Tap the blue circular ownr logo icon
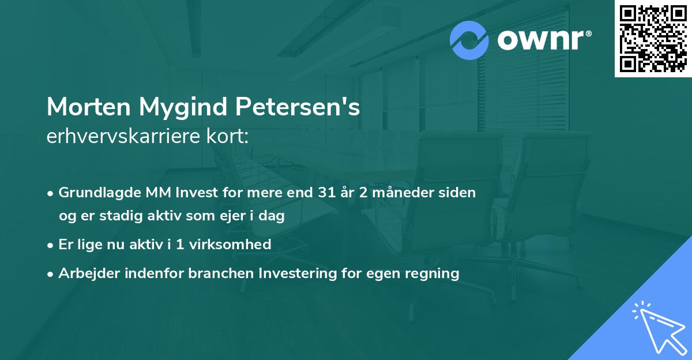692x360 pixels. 469,40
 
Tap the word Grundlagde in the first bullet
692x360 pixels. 94,193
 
